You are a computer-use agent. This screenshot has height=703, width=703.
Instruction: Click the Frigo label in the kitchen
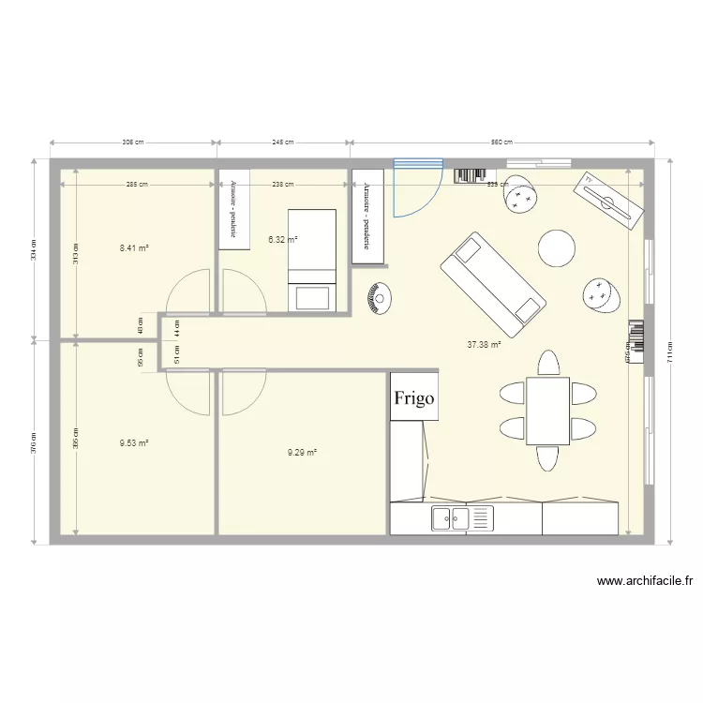pyautogui.click(x=414, y=398)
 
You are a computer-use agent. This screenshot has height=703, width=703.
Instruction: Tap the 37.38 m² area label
pyautogui.click(x=484, y=345)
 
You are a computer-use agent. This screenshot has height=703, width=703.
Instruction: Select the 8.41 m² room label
pyautogui.click(x=134, y=248)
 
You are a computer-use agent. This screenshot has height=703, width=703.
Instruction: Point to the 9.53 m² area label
pyautogui.click(x=134, y=443)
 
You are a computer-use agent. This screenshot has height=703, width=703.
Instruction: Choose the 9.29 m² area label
pyautogui.click(x=302, y=453)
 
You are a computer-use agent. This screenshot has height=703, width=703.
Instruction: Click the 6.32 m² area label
pyautogui.click(x=282, y=240)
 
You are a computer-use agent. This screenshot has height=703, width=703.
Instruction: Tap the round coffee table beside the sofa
pyautogui.click(x=556, y=248)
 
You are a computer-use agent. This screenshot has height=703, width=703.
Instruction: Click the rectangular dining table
pyautogui.click(x=547, y=410)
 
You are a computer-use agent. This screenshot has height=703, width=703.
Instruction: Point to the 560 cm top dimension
pyautogui.click(x=501, y=142)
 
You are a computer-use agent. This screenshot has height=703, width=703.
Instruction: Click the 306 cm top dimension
pyautogui.click(x=133, y=142)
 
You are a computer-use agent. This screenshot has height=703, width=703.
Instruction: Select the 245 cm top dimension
pyautogui.click(x=283, y=142)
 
